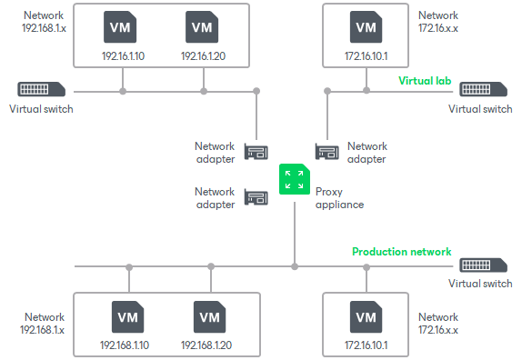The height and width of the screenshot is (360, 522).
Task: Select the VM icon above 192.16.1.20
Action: tap(202, 28)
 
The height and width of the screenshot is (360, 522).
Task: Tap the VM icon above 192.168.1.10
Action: tap(127, 317)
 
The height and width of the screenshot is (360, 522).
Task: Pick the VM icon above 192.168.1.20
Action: tap(209, 317)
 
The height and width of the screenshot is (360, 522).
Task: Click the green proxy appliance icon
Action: tap(293, 178)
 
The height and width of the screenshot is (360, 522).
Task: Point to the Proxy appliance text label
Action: tap(339, 198)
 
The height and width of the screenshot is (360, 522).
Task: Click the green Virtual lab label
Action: tap(425, 80)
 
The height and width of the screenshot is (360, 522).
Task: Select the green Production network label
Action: tap(401, 252)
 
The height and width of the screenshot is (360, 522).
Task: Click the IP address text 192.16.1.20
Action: tap(202, 56)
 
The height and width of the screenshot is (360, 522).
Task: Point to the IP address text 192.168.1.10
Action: tap(127, 345)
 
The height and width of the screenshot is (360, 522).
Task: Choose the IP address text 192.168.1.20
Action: tap(209, 345)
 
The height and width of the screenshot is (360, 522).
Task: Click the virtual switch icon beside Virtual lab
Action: tap(486, 90)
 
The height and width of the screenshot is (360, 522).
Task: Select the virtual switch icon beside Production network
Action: tap(486, 265)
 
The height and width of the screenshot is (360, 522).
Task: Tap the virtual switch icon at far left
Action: tap(41, 90)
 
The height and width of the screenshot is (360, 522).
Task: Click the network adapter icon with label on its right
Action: tap(328, 153)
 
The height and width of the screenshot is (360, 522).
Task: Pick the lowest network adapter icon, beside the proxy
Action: tap(256, 197)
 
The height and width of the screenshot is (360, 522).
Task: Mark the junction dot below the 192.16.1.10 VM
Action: tap(121, 91)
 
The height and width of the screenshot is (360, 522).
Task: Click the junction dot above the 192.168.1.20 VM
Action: tap(211, 267)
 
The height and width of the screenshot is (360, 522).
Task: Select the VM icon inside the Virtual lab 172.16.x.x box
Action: tap(366, 28)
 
